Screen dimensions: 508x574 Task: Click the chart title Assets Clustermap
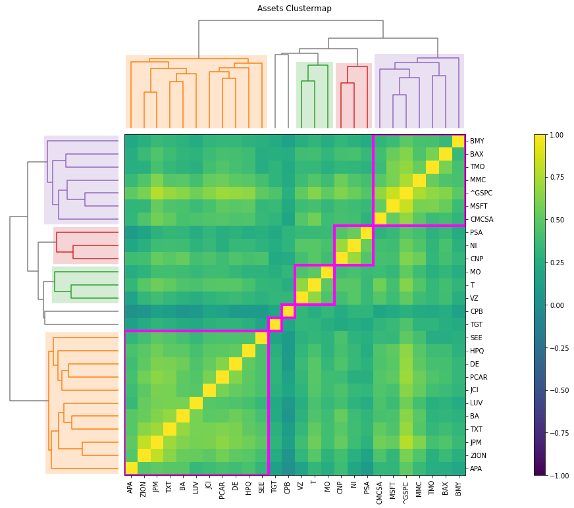pos(294,9)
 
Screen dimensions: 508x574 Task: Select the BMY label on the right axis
pos(477,141)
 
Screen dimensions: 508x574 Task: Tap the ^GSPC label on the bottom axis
pos(406,489)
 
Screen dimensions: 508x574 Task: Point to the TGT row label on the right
pos(477,324)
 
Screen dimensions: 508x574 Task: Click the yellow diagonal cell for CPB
pos(288,311)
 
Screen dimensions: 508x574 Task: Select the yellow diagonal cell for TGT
pos(275,324)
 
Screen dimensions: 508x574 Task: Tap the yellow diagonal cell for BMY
pos(458,141)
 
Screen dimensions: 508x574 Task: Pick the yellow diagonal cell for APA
pos(131,468)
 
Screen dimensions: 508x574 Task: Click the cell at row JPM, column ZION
pos(144,442)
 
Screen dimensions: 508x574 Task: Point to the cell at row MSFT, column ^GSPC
pos(406,207)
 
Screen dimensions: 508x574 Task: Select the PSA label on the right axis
pos(477,233)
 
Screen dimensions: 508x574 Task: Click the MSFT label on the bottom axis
pos(393,488)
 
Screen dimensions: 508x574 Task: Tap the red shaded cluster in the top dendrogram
pos(353,95)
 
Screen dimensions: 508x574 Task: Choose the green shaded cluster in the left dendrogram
pos(85,285)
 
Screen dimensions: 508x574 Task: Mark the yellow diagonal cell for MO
pos(327,272)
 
